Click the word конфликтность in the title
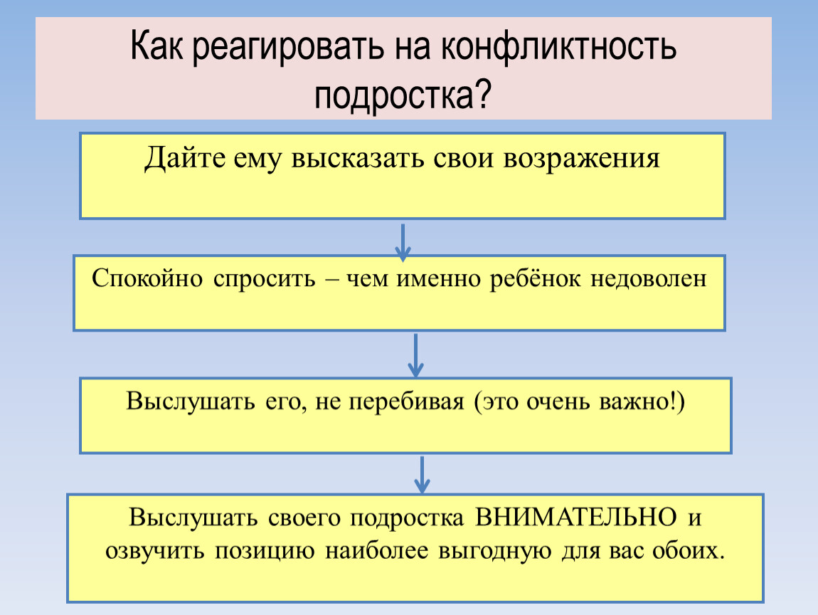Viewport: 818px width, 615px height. click(558, 46)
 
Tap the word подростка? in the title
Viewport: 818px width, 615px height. click(403, 95)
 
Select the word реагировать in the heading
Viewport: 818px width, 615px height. click(287, 48)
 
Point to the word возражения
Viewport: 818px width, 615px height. click(581, 159)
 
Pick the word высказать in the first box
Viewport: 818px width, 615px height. click(357, 158)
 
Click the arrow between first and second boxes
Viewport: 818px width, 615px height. click(403, 242)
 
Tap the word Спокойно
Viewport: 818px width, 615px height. click(147, 278)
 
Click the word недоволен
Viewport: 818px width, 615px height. click(649, 279)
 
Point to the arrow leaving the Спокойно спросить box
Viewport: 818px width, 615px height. click(415, 355)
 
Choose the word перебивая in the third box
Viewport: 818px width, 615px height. click(406, 401)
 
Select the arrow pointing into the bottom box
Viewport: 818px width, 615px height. click(422, 475)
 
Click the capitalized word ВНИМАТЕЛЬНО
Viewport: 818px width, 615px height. click(576, 517)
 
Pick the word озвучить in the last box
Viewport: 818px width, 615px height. click(155, 552)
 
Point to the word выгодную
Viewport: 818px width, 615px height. click(494, 552)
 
